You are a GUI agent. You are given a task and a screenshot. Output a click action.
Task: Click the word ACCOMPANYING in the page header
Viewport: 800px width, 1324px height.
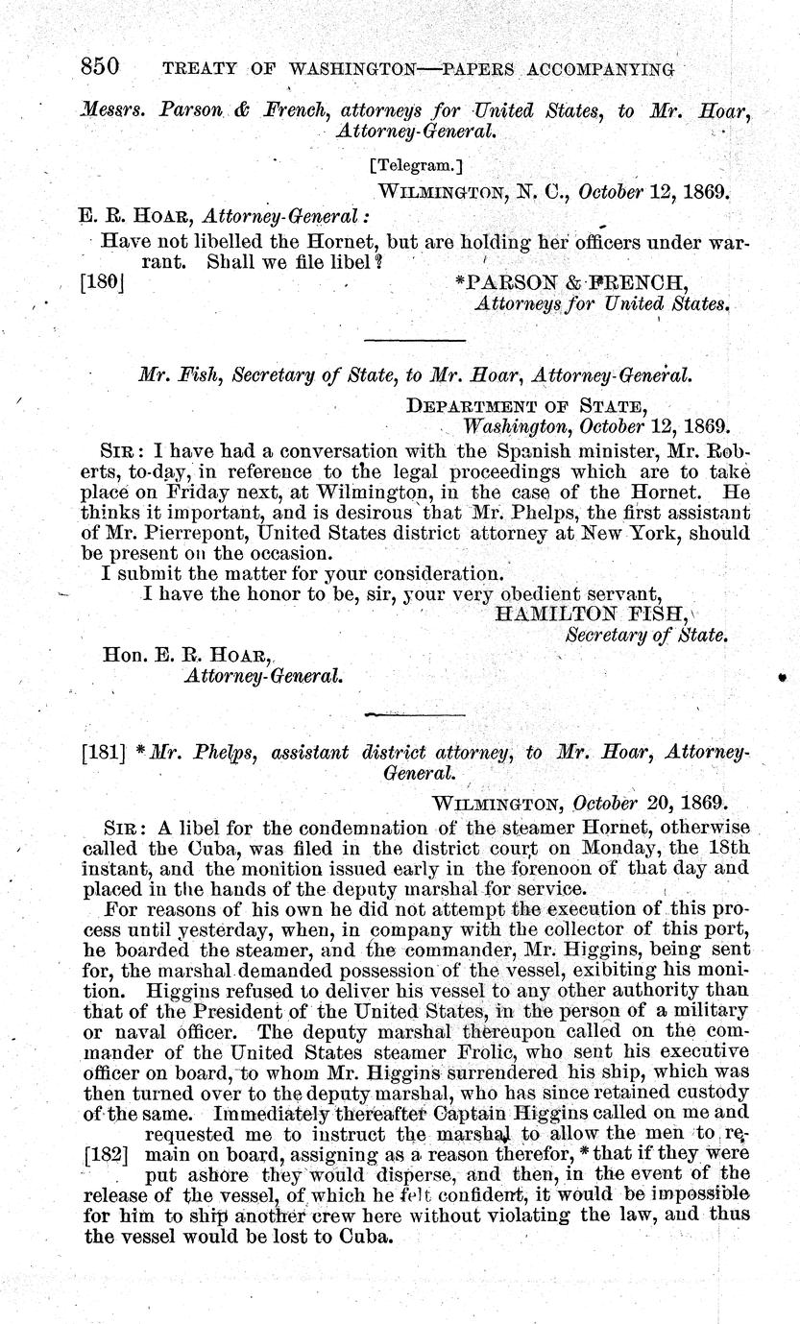coord(608,69)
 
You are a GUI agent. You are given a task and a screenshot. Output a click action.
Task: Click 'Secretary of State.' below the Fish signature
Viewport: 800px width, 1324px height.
coord(646,635)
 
